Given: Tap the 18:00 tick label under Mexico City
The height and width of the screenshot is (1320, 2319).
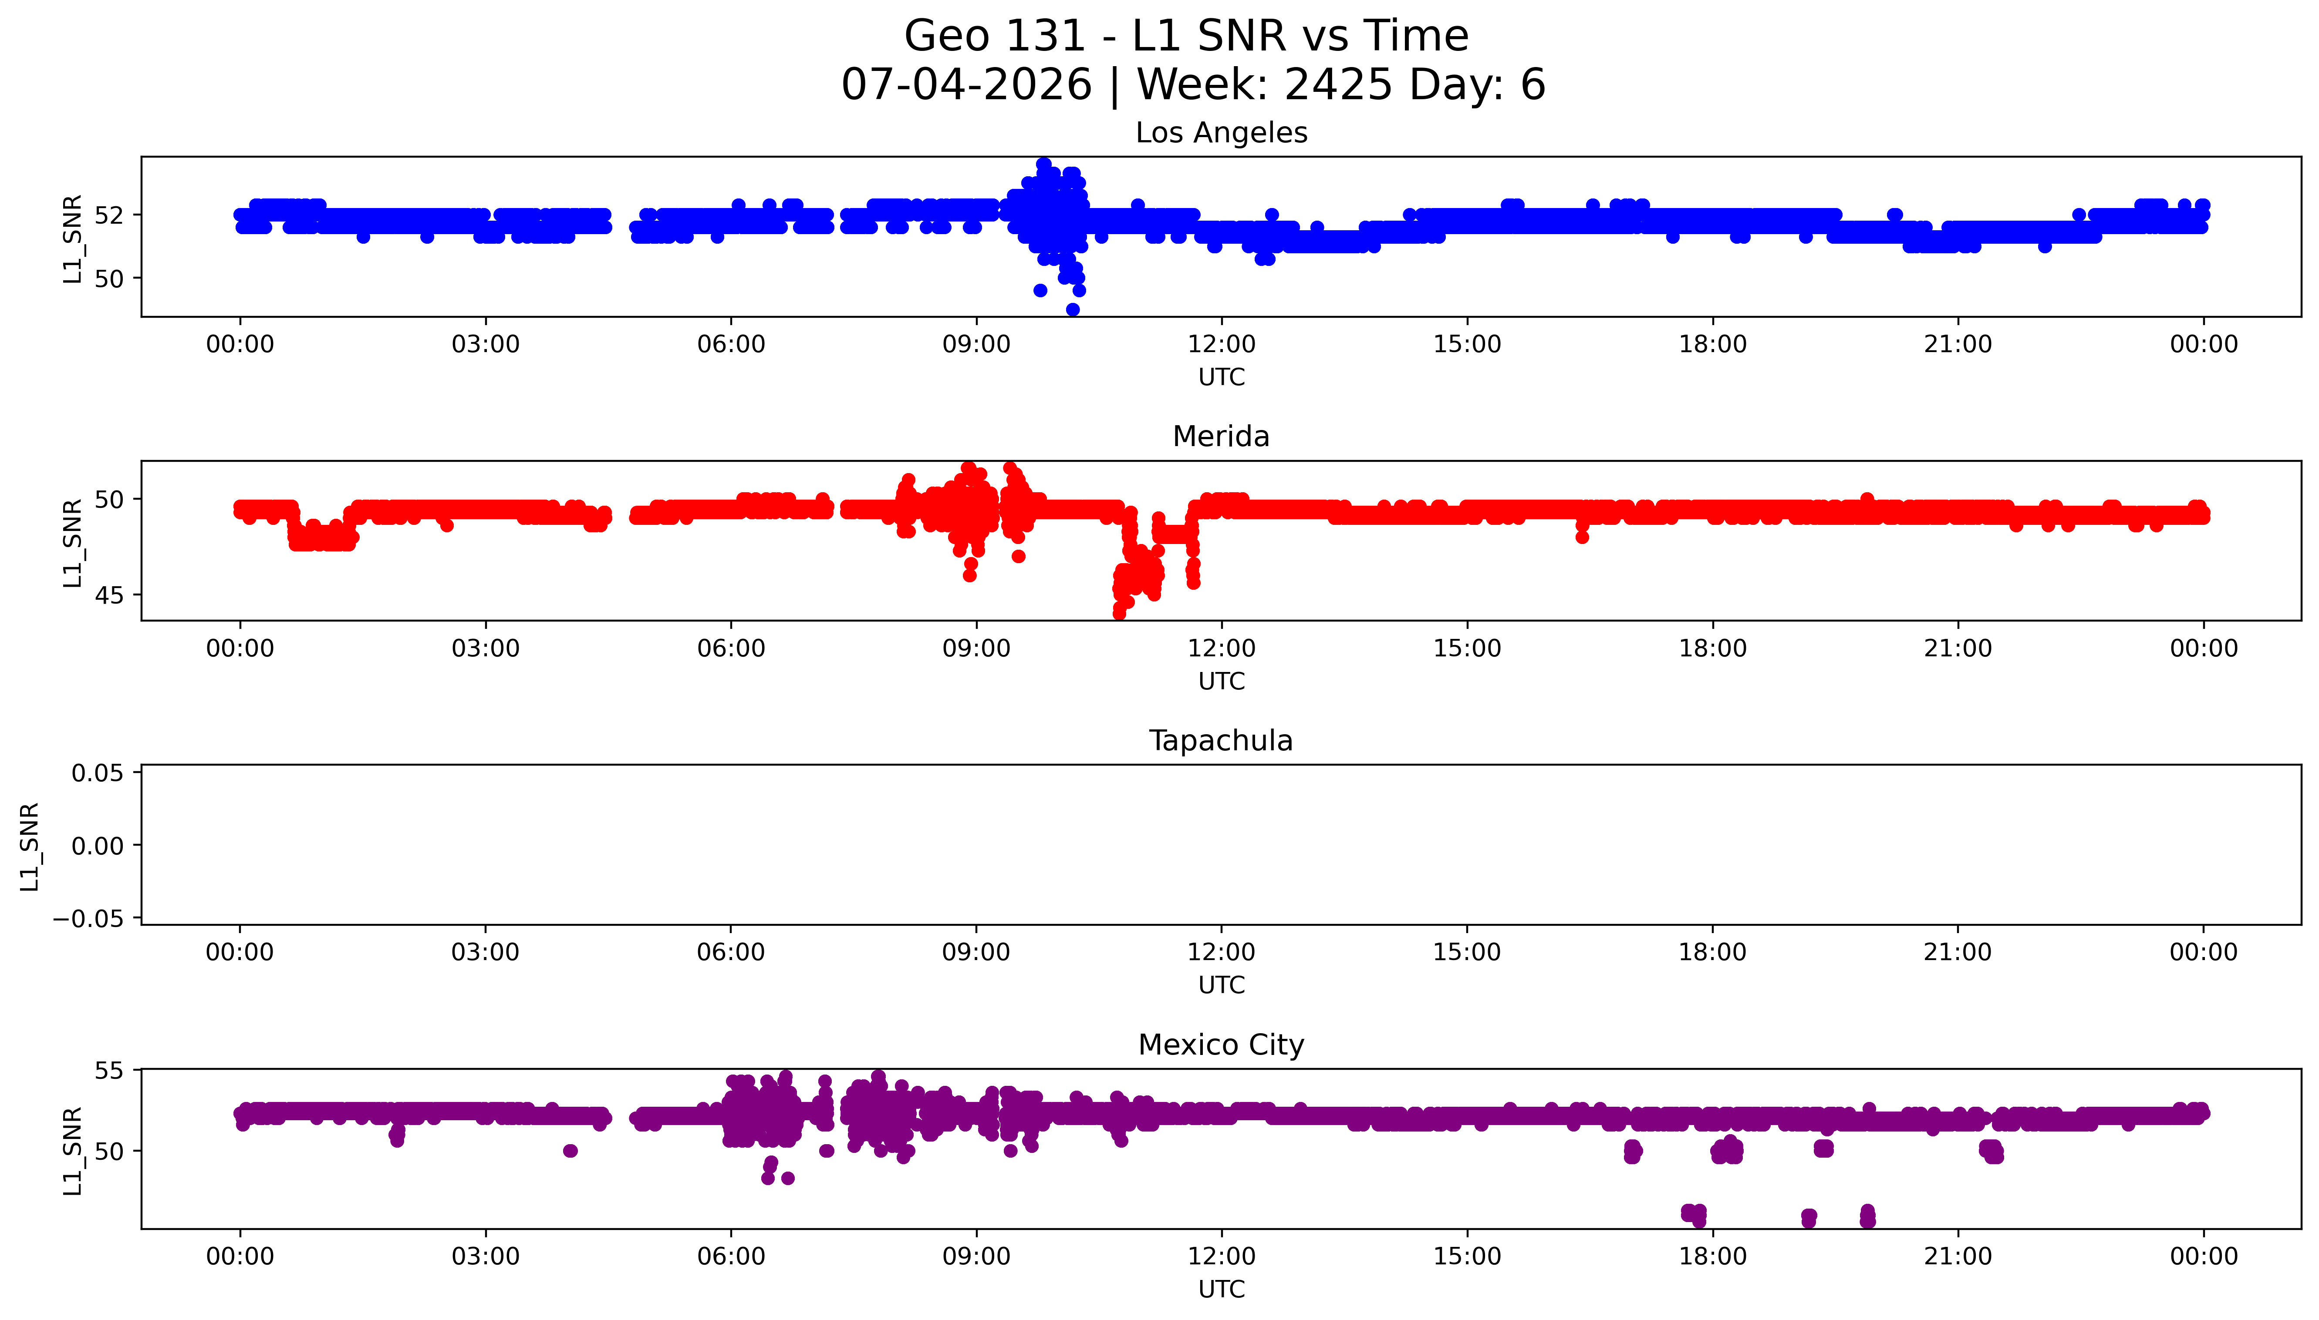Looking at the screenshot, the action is (x=1712, y=1256).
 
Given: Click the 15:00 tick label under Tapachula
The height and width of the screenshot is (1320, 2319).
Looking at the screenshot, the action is (x=1466, y=952).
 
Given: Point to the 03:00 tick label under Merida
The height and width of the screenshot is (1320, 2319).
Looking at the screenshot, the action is (x=485, y=648).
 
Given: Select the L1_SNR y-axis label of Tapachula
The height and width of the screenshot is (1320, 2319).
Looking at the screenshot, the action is (x=30, y=846).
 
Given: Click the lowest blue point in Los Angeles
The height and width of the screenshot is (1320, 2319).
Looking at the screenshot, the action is (x=1073, y=309).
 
